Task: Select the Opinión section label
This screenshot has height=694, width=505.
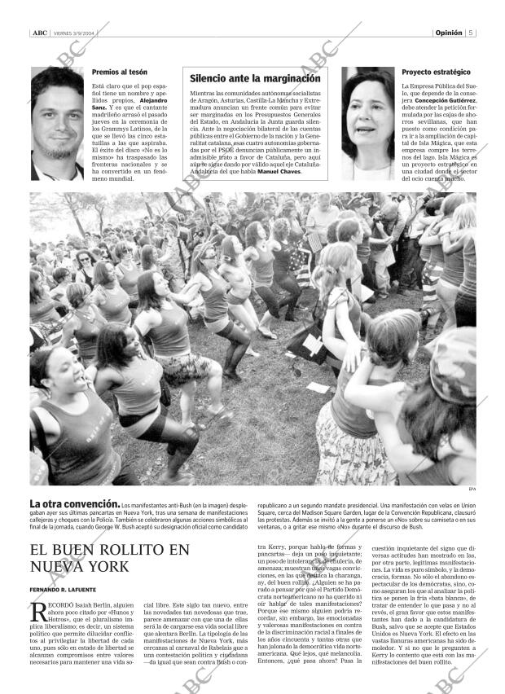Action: [x=448, y=33]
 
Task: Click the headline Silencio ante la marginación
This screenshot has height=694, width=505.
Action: [x=255, y=79]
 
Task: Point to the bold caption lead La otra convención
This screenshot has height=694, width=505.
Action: [x=74, y=505]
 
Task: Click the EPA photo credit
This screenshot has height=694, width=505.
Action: [x=471, y=490]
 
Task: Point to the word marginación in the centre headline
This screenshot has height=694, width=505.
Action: [x=286, y=79]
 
